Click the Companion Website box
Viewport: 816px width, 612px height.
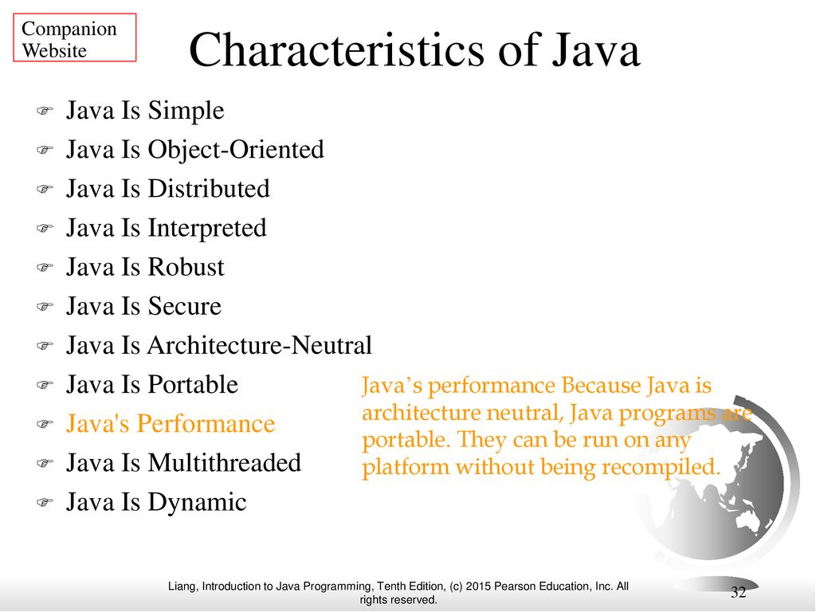74,37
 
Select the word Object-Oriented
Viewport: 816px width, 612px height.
236,149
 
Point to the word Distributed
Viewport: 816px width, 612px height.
209,188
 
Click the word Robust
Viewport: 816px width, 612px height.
186,267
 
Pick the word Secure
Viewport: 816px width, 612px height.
184,306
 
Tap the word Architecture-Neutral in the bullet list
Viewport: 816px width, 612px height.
260,345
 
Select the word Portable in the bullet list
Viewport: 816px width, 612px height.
193,385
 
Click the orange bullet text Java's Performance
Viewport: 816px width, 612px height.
171,424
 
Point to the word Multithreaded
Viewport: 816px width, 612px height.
224,463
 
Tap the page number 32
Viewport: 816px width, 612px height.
739,592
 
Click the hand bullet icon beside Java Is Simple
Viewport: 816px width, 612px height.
45,111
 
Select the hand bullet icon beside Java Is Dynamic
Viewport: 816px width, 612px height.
45,503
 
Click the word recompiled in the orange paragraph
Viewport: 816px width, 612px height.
661,467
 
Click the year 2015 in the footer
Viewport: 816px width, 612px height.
478,586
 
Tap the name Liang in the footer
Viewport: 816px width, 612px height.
182,587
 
